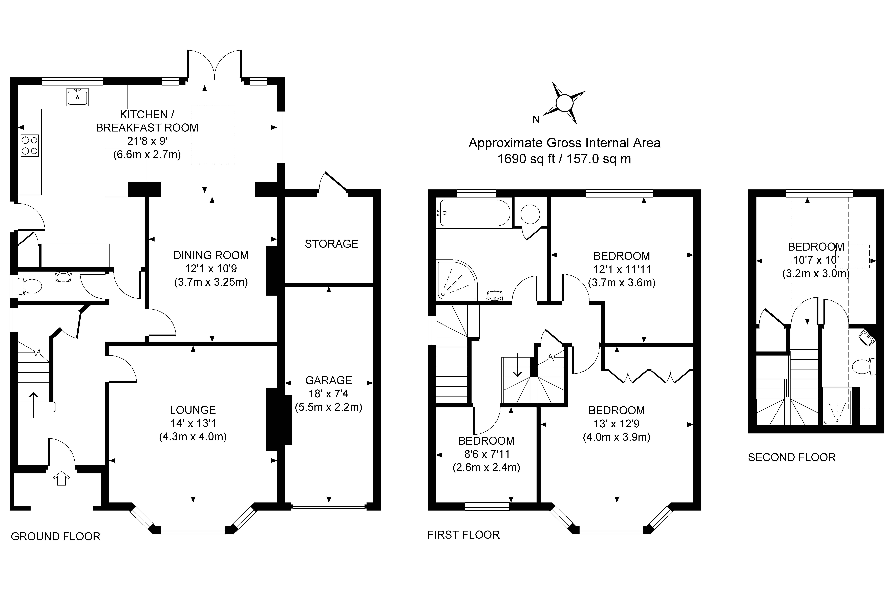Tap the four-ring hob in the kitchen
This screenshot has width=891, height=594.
[30, 145]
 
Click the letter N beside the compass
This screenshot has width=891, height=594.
[536, 120]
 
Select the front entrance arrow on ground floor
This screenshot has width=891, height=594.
[62, 478]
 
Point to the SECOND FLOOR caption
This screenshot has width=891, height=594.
[792, 457]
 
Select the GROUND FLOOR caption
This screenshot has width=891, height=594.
[56, 536]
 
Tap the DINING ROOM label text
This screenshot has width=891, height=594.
[211, 255]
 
